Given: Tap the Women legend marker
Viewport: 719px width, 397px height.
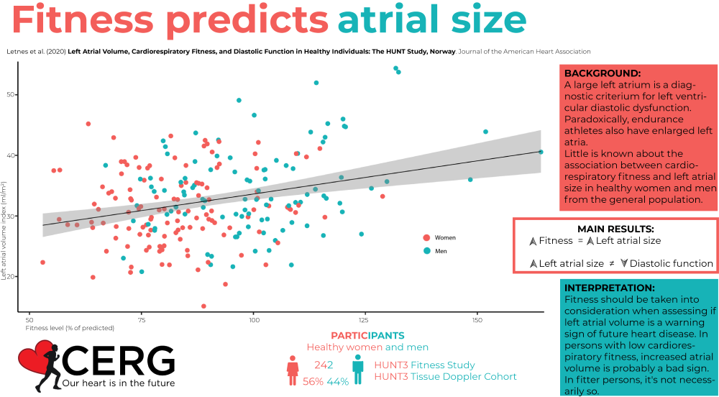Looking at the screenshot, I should pos(427,237).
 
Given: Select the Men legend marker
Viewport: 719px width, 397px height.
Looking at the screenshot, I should pos(427,251).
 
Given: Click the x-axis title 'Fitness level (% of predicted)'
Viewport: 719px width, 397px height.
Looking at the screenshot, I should pos(70,328).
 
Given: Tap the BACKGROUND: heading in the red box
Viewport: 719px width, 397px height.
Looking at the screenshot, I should pos(602,74).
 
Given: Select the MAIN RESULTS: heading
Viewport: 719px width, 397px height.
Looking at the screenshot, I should pos(615,228).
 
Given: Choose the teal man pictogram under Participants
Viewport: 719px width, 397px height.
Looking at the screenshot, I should pos(357,368).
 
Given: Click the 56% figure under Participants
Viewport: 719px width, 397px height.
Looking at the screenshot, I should pos(314,381).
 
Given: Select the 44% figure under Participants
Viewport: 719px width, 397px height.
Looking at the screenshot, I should pos(338,381).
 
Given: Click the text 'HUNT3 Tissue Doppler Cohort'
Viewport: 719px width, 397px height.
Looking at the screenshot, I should pos(445,377).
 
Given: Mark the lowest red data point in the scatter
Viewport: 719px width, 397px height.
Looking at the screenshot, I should pos(203,306).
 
